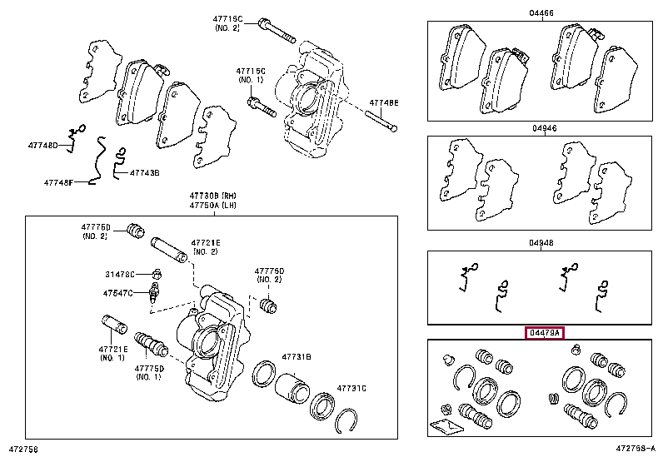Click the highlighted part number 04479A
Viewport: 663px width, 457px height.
545,333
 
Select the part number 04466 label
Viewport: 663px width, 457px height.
541,14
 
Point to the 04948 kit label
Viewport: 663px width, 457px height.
541,243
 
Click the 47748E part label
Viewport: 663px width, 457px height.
385,102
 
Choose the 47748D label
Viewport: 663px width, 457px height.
45,146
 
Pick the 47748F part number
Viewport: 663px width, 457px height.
59,182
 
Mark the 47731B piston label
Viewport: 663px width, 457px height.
296,356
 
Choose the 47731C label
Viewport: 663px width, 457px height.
351,388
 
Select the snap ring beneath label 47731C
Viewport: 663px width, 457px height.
350,420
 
